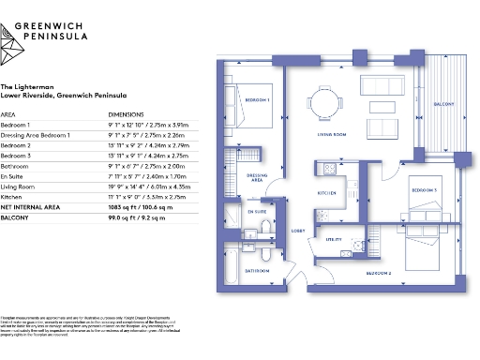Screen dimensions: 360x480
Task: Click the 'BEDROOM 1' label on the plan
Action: point(259,98)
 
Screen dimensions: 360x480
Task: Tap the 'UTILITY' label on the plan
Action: point(335,240)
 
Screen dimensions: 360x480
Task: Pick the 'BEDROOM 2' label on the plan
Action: point(378,272)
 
